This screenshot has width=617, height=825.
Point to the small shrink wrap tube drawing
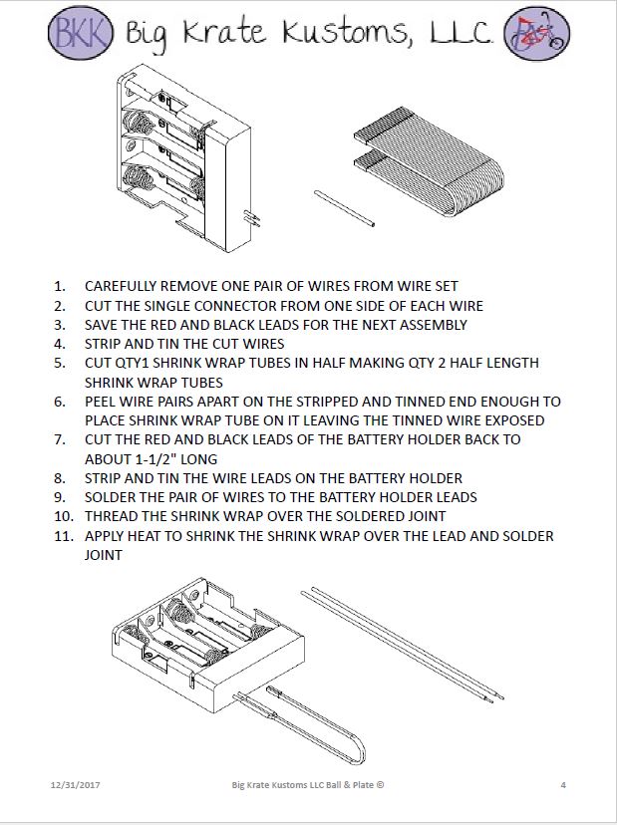coord(344,208)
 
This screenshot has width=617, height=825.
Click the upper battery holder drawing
coord(184,156)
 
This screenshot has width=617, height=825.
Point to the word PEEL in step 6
coord(102,402)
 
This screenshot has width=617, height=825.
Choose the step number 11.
coord(62,536)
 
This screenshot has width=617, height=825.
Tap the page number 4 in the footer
coord(562,784)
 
